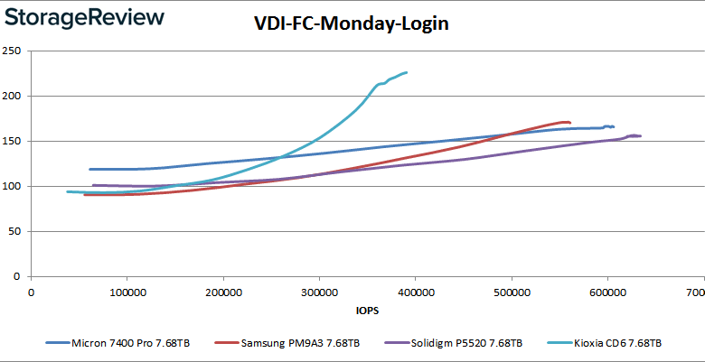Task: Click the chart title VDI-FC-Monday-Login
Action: coord(351,25)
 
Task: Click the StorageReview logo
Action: coord(84,17)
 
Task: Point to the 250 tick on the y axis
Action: coord(13,51)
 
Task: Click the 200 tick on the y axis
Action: coord(13,96)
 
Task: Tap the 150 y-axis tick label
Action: coord(13,141)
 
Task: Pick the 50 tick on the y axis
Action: coord(15,231)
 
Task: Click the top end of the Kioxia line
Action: coord(407,72)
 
